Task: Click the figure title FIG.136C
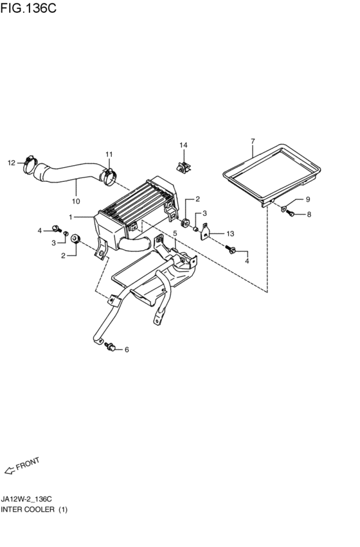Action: pos(28,8)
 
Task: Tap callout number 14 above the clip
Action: pos(183,145)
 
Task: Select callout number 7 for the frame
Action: pos(253,141)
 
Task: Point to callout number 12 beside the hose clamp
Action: pos(12,163)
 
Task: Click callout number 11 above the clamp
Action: pos(109,154)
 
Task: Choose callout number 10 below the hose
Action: pos(76,201)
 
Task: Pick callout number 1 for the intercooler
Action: pos(71,217)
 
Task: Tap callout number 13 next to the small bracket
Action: pos(230,234)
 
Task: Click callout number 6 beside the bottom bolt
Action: pos(127,350)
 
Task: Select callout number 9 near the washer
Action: pos(308,199)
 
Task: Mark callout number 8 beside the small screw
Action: pos(309,215)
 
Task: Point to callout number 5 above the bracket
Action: pos(175,233)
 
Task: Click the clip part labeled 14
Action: pos(184,166)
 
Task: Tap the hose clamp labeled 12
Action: pos(30,165)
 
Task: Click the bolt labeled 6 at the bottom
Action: pos(110,346)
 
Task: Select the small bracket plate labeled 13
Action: pos(206,231)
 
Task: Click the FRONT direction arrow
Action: pos(10,471)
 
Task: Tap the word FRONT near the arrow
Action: pos(28,463)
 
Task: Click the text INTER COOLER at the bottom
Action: pos(28,510)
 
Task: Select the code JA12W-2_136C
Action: pos(26,499)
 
